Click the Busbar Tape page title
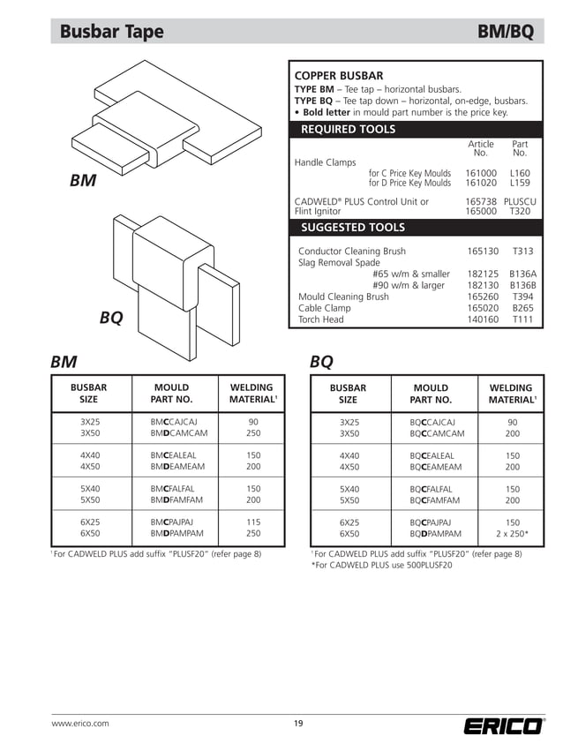(112, 32)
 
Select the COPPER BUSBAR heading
(338, 76)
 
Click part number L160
(520, 174)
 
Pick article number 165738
(482, 202)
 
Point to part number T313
(523, 252)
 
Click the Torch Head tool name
(321, 319)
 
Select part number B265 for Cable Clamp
(523, 308)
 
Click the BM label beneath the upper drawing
(83, 182)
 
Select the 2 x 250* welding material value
(512, 534)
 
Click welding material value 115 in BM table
(253, 522)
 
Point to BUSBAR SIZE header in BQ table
(348, 394)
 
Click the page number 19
(298, 724)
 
